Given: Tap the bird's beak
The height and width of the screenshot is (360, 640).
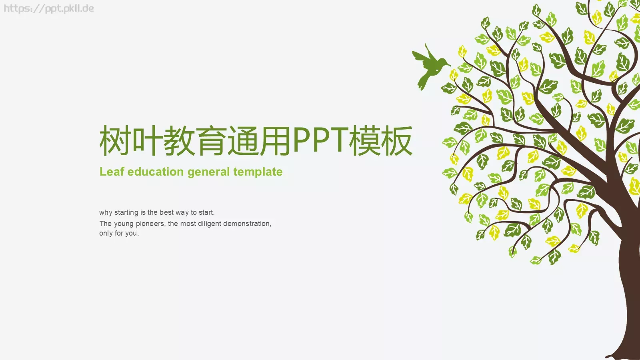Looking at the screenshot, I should point(449,65).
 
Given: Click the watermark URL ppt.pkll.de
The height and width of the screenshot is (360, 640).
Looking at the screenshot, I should point(49,8).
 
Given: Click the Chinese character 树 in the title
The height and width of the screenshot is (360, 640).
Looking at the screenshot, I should point(115,141).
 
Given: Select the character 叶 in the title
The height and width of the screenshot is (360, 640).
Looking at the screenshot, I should point(147,141).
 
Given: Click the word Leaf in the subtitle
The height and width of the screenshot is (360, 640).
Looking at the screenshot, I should point(112,172).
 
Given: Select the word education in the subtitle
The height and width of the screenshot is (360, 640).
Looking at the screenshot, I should point(156,172).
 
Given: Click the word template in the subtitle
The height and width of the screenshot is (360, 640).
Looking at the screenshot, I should point(258,172).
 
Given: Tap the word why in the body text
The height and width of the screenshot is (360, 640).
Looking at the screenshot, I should point(106,213).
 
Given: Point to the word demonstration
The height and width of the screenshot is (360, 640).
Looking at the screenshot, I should point(247,224).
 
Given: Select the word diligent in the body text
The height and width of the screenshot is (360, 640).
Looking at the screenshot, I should point(209,224).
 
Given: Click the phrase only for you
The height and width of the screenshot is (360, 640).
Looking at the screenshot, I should point(119,233).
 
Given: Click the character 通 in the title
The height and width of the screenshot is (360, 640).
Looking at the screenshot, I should point(243,141).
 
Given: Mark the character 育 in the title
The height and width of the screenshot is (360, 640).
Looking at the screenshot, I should point(211,141).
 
